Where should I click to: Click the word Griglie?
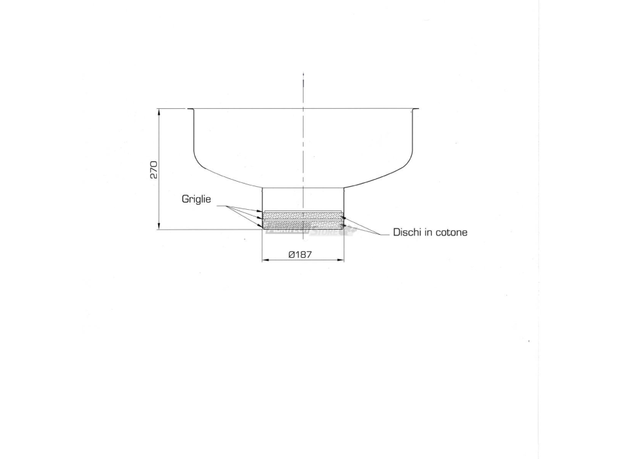coord(197,199)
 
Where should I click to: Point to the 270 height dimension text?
coord(153,170)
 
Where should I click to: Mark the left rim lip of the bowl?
coord(190,110)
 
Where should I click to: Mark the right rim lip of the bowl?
coord(415,110)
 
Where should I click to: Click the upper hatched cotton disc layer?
coord(302,215)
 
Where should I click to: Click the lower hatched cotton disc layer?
coord(302,224)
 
